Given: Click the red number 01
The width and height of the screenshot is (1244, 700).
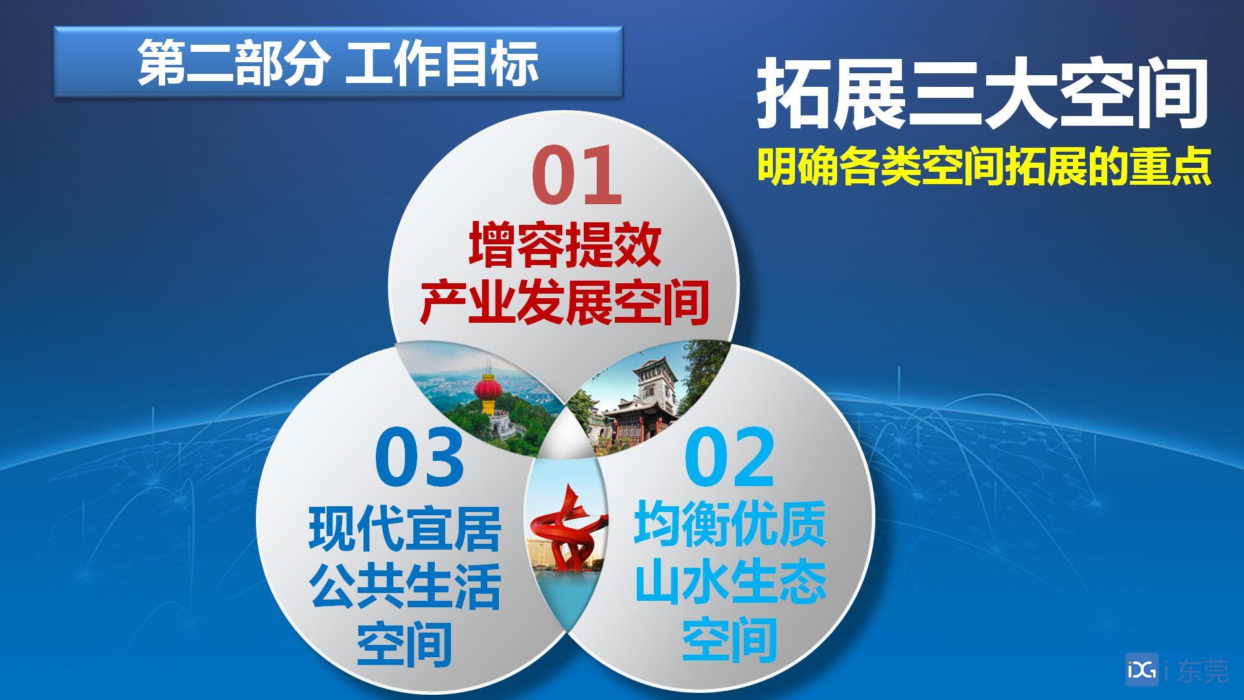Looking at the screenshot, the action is pos(576,175).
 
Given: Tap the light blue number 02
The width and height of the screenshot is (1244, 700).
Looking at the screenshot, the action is pos(730,458).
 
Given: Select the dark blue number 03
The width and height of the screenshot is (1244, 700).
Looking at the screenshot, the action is pos(420,458).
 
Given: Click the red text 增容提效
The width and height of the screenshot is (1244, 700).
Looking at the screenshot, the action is pos(565,244).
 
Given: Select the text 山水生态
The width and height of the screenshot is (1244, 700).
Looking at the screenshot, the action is pos(730,581).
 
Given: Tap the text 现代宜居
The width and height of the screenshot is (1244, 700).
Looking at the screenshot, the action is pos(405,528).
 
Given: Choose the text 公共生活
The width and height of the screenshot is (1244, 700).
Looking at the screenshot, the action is pos(405,586).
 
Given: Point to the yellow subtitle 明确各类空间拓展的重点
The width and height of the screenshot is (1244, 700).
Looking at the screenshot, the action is pos(984,167).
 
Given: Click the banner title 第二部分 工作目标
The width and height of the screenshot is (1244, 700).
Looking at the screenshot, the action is pos(338,62).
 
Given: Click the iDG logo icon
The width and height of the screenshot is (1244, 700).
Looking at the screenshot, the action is pos(1142,669).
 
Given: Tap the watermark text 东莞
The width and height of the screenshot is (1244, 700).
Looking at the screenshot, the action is pos(1201,670).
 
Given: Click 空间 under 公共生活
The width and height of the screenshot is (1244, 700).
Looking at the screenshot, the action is pos(405,643).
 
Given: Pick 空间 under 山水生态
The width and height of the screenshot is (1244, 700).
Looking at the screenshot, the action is pos(730,638).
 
